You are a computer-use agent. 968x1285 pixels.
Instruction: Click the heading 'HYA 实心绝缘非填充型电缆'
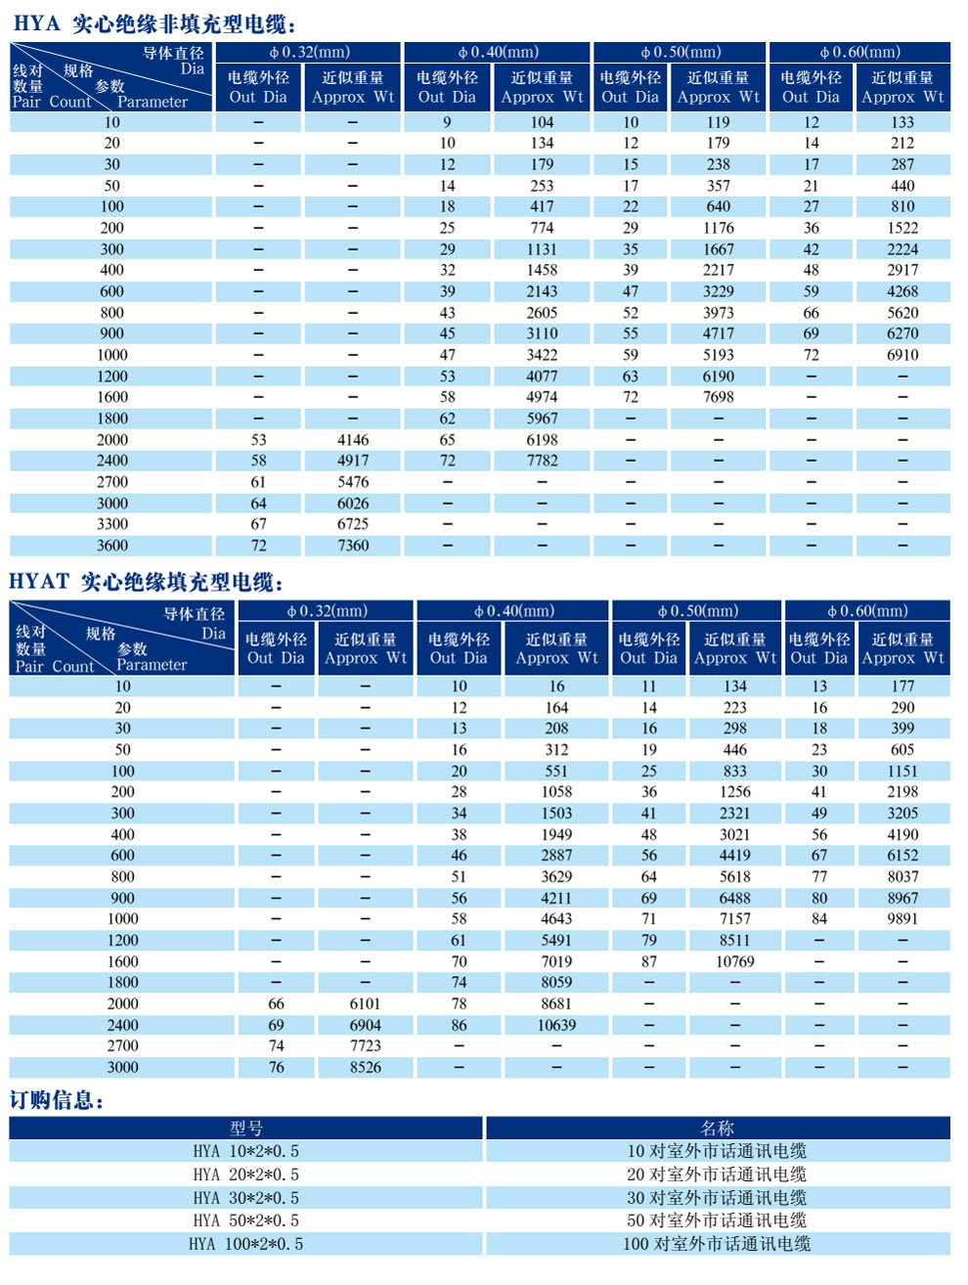point(154,23)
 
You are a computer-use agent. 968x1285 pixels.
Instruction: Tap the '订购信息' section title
point(56,1100)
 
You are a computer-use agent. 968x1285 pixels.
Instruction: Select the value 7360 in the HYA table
point(353,546)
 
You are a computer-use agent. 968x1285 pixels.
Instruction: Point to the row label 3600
point(112,546)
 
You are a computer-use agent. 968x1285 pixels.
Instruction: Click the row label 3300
point(112,524)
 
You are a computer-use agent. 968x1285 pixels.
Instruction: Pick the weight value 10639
point(556,1025)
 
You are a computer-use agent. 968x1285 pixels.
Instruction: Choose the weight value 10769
point(734,961)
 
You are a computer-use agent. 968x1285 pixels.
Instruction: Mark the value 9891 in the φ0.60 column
point(902,918)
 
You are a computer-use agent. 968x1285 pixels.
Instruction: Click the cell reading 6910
point(902,355)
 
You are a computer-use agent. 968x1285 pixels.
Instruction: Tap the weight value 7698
point(719,397)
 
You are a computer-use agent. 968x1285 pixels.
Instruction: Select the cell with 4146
point(353,440)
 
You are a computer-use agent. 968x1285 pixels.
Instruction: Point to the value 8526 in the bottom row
point(366,1067)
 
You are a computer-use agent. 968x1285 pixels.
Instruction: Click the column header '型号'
point(246,1128)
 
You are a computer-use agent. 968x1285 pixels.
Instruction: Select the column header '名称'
point(717,1128)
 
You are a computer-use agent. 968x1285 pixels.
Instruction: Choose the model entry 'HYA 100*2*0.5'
point(246,1244)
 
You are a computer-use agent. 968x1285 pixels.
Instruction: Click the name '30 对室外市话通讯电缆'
point(717,1198)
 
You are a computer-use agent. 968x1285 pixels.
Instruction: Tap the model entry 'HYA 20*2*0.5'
point(246,1174)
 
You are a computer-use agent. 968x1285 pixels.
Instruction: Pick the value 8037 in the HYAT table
point(902,876)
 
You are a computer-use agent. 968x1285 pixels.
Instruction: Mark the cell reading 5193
point(719,355)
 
